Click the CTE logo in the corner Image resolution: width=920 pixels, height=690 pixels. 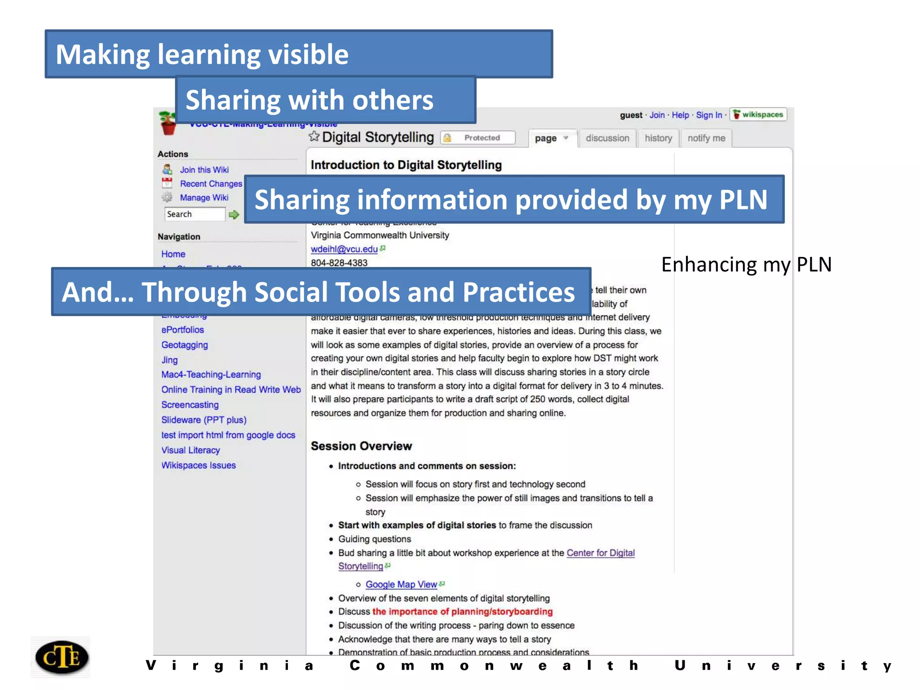(x=62, y=657)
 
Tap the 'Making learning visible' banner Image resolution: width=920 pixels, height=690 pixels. (x=298, y=54)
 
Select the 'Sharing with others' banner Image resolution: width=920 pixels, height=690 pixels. (x=325, y=100)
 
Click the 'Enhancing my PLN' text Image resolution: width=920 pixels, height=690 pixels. (x=746, y=264)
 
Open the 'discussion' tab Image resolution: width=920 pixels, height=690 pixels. (x=607, y=138)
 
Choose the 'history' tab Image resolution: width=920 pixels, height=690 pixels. (x=658, y=138)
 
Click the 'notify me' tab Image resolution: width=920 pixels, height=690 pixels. (x=706, y=138)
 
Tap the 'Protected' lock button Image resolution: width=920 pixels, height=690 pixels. (x=478, y=138)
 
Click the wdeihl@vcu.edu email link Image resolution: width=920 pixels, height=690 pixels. (x=344, y=249)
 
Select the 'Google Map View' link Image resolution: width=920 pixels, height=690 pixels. (x=401, y=584)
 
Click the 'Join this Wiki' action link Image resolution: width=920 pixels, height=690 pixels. (x=204, y=170)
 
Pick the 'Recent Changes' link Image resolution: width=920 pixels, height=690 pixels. (x=211, y=184)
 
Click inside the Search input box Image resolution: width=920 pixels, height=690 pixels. (x=195, y=214)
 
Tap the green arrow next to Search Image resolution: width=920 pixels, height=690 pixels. (x=234, y=215)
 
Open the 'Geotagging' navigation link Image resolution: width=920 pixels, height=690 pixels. (x=185, y=345)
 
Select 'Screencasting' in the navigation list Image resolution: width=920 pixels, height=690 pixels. (x=190, y=405)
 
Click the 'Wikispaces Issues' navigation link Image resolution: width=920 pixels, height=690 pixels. (x=199, y=465)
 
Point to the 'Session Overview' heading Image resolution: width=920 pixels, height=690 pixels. (x=361, y=446)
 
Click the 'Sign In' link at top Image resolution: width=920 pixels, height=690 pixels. (x=709, y=115)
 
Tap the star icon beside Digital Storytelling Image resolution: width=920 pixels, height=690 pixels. (x=314, y=137)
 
